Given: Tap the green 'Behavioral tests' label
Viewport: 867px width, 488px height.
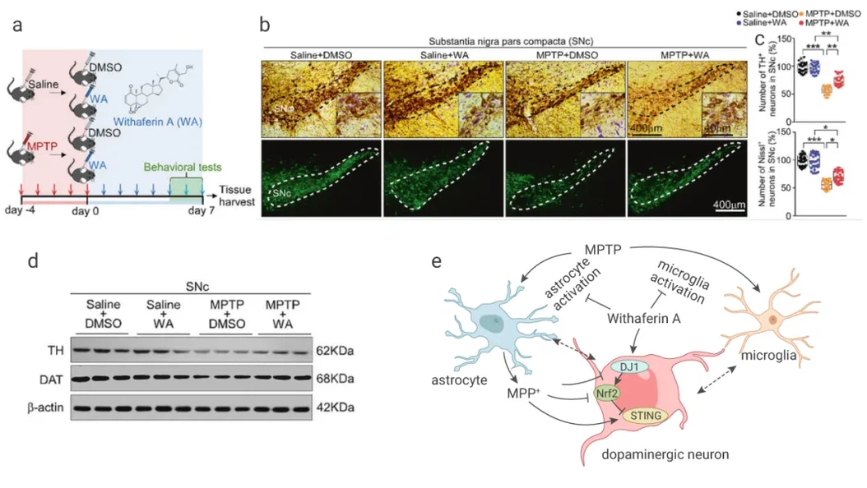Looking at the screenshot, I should (182, 167).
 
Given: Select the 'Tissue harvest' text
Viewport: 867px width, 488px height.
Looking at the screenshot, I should (237, 196).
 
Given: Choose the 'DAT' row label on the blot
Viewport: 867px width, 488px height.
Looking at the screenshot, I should (33, 378).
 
